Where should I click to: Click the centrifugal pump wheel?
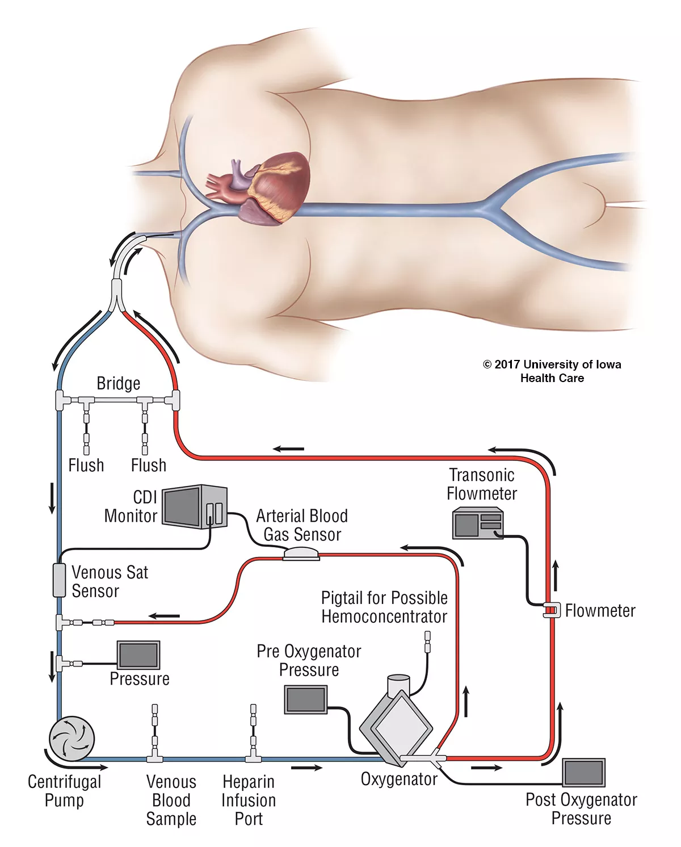(72, 738)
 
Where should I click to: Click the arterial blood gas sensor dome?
(301, 553)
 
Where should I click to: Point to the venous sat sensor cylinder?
(59, 580)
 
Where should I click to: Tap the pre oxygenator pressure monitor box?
(306, 699)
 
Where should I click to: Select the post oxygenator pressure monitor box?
(583, 773)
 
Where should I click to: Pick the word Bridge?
(118, 383)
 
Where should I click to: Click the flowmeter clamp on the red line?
(549, 610)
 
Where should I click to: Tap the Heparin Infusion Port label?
(249, 800)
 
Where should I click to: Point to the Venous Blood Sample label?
(171, 800)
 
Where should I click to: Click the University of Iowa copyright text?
(552, 371)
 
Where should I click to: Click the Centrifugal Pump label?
(64, 791)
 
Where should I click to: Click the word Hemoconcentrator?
(384, 617)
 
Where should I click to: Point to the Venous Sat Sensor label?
(110, 581)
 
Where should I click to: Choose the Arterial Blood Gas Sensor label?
(302, 525)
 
